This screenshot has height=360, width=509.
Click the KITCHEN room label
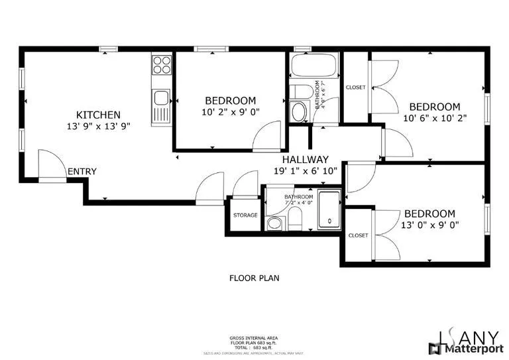tap(98, 114)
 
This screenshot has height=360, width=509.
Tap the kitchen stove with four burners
tap(161, 64)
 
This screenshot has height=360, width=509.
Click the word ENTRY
tap(82, 172)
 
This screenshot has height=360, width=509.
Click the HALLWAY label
tap(305, 159)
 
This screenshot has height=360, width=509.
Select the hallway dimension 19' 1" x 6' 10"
tap(306, 170)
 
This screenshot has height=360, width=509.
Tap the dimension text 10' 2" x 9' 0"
tap(230, 112)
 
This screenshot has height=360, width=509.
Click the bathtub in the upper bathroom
tap(314, 67)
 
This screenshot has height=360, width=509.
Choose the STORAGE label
tap(245, 215)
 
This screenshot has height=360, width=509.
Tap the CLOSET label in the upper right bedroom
tap(355, 88)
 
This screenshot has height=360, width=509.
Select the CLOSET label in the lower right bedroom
tap(358, 235)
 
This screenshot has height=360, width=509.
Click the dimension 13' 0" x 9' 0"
tap(430, 225)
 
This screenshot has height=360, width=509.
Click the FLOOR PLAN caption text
tap(254, 278)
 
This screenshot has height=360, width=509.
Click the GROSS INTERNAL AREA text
tap(254, 337)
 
